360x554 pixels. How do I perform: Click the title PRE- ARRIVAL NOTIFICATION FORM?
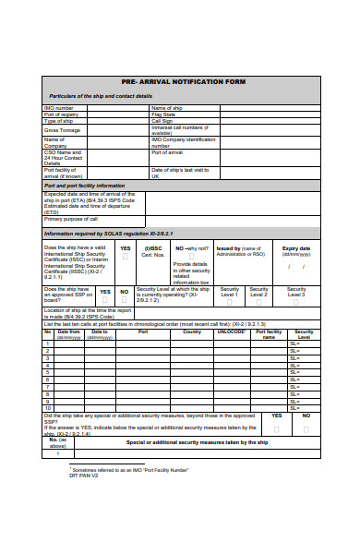(x=182, y=82)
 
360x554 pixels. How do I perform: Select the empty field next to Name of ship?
(x=268, y=108)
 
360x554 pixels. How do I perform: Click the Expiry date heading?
(x=295, y=248)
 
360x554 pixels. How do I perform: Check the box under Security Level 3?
(x=296, y=301)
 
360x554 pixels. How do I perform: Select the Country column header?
(x=192, y=331)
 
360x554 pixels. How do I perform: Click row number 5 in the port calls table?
(x=48, y=369)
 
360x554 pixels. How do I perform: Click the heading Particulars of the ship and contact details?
(x=102, y=96)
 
